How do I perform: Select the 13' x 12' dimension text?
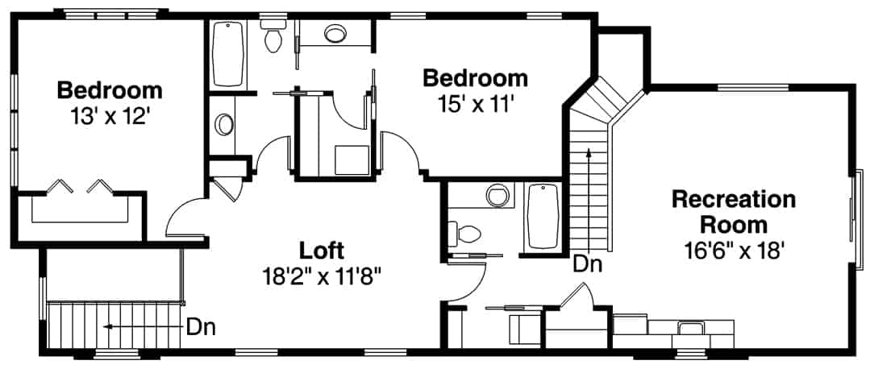pyautogui.click(x=110, y=115)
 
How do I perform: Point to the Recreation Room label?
pyautogui.click(x=733, y=211)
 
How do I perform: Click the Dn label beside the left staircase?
pyautogui.click(x=199, y=327)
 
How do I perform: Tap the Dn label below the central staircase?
pyautogui.click(x=588, y=263)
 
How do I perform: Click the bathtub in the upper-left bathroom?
pyautogui.click(x=230, y=55)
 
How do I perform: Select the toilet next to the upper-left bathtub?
pyautogui.click(x=273, y=36)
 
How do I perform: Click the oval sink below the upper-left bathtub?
pyautogui.click(x=224, y=126)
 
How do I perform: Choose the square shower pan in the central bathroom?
pyautogui.click(x=352, y=159)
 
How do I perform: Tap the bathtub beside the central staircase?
pyautogui.click(x=543, y=216)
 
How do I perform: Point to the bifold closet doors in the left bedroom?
pyautogui.click(x=79, y=188)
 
